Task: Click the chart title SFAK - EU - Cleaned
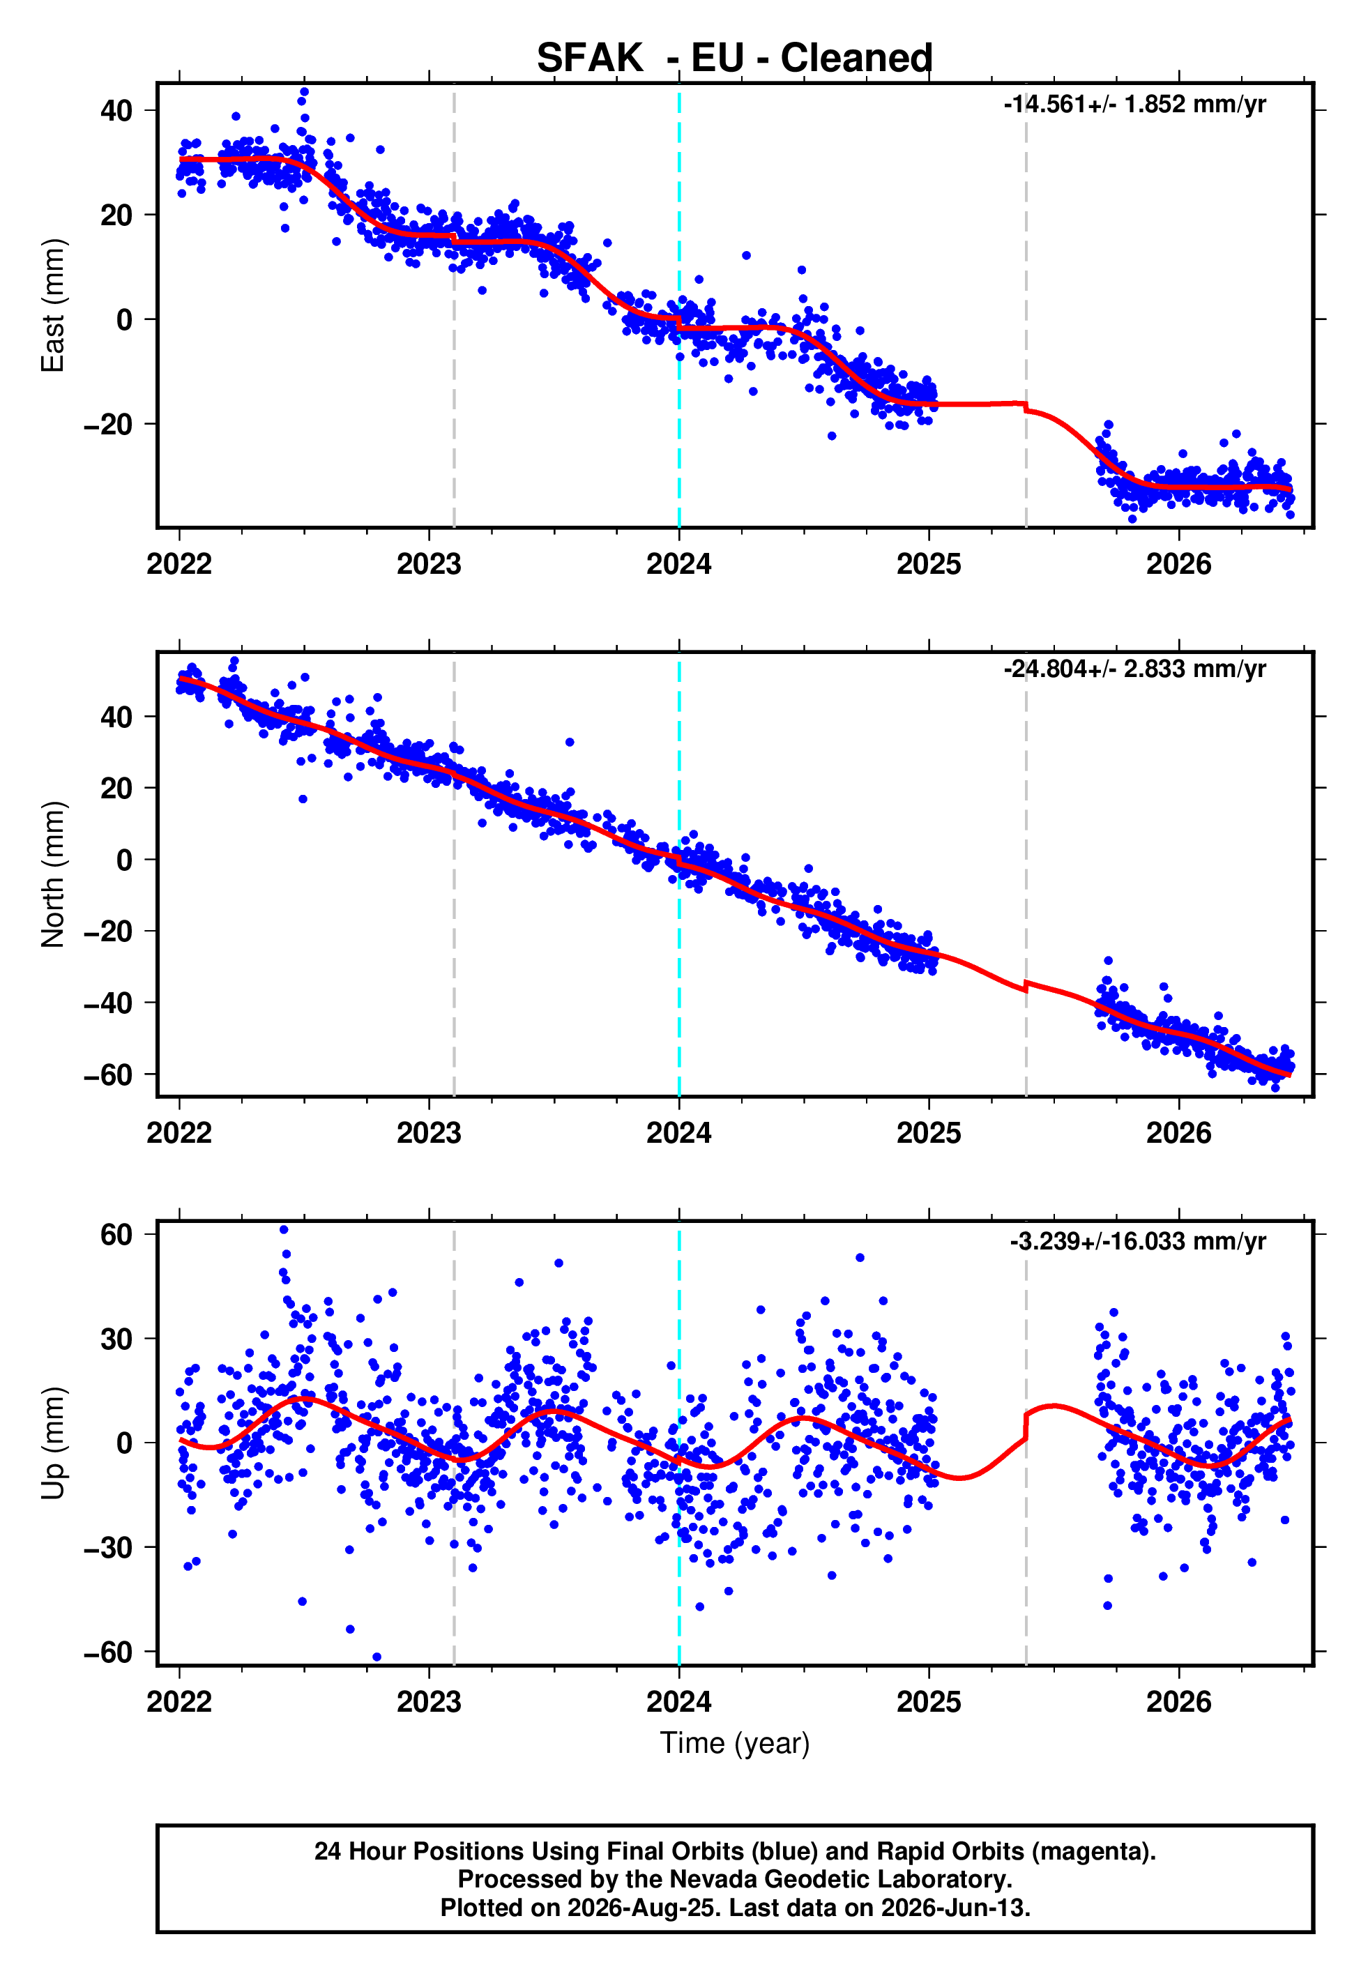735,59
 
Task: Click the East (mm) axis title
52,305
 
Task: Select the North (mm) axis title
52,874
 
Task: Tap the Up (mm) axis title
52,1443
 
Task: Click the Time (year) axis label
735,1744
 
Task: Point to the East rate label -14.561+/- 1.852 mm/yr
1135,105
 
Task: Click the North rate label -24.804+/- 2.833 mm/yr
1135,669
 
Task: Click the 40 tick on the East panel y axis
116,111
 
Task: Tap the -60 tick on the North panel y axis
108,1074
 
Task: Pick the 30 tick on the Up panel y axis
116,1339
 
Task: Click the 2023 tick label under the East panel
429,565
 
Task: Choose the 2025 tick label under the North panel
929,1133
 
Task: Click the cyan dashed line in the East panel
679,305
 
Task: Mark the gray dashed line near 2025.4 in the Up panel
1026,1443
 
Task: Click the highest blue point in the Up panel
284,1230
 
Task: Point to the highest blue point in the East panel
304,91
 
